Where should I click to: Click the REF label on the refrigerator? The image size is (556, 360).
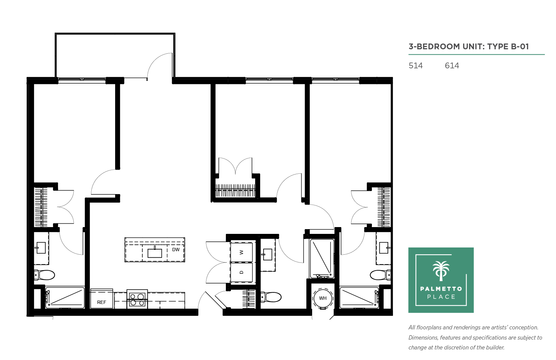pos(102,302)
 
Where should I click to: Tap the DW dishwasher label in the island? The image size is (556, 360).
pos(176,250)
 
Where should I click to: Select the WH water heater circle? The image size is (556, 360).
pos(323,298)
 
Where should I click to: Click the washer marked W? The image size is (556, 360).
pos(241,252)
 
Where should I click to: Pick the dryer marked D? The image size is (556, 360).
pos(241,272)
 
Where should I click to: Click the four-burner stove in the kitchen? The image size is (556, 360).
pos(137,299)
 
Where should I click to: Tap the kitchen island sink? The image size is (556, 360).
pos(155,253)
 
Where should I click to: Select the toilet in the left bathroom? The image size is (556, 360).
pos(44,275)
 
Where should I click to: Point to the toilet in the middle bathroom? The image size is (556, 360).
pos(271,297)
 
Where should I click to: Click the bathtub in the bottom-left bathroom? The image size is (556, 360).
pos(65,298)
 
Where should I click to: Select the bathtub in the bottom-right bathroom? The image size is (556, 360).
pos(359,298)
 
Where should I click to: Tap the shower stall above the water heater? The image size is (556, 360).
pos(322,259)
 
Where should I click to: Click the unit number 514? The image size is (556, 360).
pos(415,66)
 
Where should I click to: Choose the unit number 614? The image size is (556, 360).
pos(452,66)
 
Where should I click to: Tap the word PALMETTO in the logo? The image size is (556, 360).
pos(441,289)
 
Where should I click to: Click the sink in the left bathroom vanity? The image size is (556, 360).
pos(41,248)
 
